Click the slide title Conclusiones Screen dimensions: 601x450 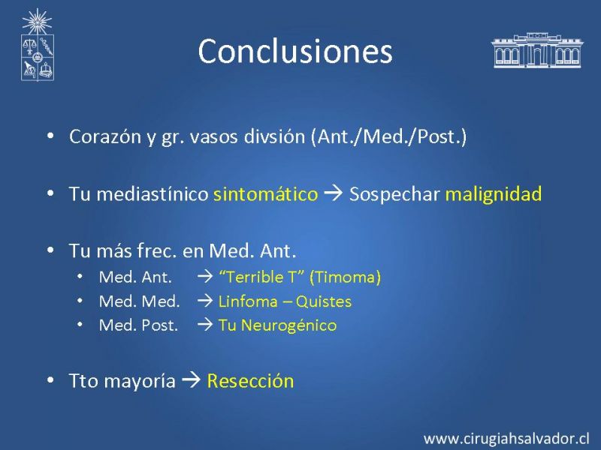pyautogui.click(x=295, y=51)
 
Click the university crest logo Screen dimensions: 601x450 pyautogui.click(x=37, y=45)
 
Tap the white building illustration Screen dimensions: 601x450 pyautogui.click(x=536, y=50)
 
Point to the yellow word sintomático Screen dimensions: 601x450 pyautogui.click(x=266, y=194)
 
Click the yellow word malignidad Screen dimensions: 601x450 pyautogui.click(x=494, y=193)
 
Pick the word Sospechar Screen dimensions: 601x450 pyautogui.click(x=394, y=194)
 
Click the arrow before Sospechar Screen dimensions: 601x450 pyautogui.click(x=333, y=193)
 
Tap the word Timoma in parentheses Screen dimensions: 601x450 pyautogui.click(x=345, y=277)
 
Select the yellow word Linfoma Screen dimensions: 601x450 pyautogui.click(x=248, y=301)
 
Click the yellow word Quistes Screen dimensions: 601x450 pyautogui.click(x=324, y=301)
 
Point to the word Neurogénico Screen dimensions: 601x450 pyautogui.click(x=288, y=325)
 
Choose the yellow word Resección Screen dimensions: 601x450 pyautogui.click(x=250, y=381)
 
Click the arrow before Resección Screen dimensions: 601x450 pyautogui.click(x=191, y=380)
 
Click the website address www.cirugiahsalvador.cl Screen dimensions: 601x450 pyautogui.click(x=506, y=439)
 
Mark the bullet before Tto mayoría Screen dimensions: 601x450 pyautogui.click(x=50, y=380)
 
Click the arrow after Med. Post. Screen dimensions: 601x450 pyautogui.click(x=205, y=325)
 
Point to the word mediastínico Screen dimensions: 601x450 pyautogui.click(x=153, y=194)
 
